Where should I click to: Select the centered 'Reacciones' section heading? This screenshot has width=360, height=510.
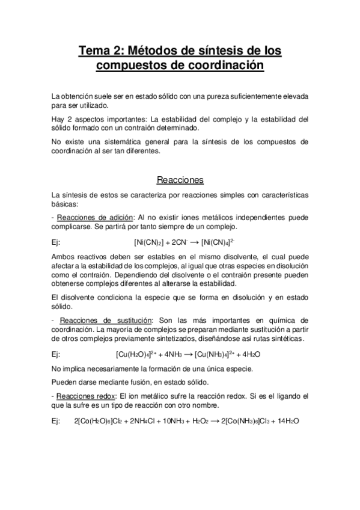pos(180,180)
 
